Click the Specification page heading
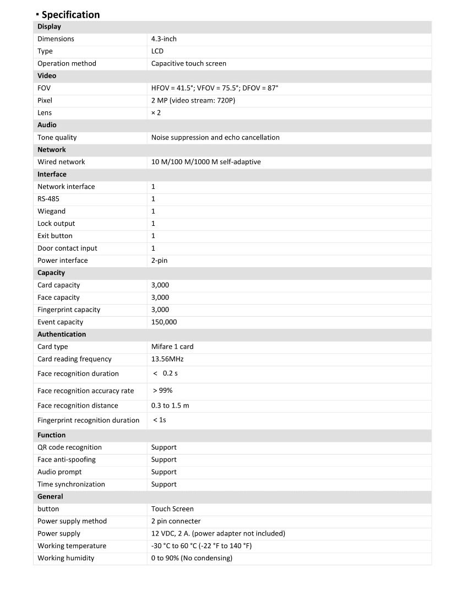coord(70,15)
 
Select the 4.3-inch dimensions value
coord(164,39)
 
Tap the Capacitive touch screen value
coord(188,63)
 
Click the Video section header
coord(47,76)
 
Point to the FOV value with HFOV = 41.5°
coord(215,88)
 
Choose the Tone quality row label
coord(57,138)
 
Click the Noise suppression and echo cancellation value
coord(215,138)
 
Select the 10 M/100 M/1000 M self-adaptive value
coord(206,162)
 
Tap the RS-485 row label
coord(48,199)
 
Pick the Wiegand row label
coord(51,212)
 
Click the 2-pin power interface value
coord(159,261)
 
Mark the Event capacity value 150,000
coord(164,322)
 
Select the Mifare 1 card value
coord(172,347)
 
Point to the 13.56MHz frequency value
coord(167,359)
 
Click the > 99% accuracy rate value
coord(163,391)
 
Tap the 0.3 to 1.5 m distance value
coord(170,406)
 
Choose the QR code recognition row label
coord(69,447)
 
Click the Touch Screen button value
coord(172,509)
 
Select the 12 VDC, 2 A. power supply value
coord(218,534)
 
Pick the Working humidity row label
coord(66,559)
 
